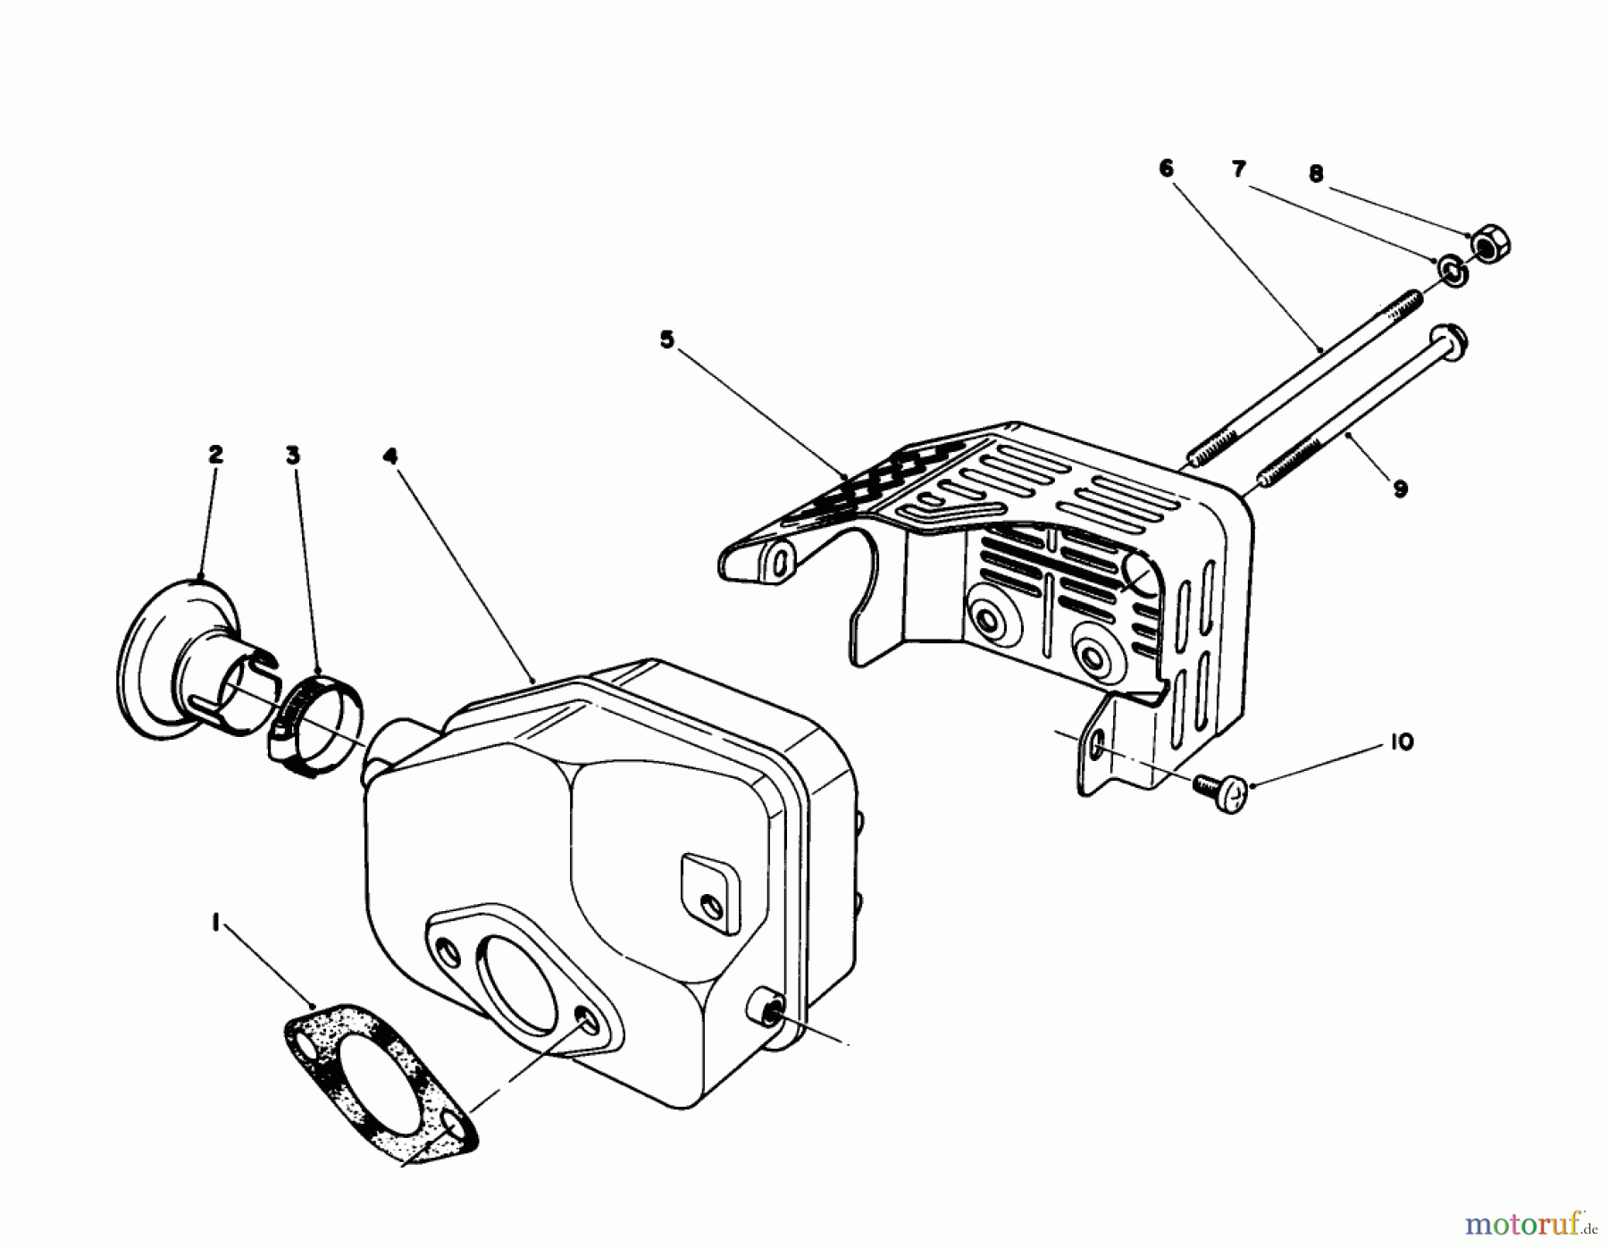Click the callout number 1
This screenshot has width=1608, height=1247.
tap(215, 900)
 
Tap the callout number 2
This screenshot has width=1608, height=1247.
tap(215, 455)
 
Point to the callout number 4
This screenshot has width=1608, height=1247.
tap(389, 456)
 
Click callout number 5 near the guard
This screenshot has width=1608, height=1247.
tap(666, 340)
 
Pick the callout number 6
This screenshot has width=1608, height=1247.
tap(1167, 169)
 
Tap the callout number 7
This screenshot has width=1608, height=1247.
tap(1238, 169)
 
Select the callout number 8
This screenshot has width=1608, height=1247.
tap(1315, 174)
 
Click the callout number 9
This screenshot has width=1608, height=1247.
tap(1400, 489)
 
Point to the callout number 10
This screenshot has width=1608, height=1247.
tap(1402, 742)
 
